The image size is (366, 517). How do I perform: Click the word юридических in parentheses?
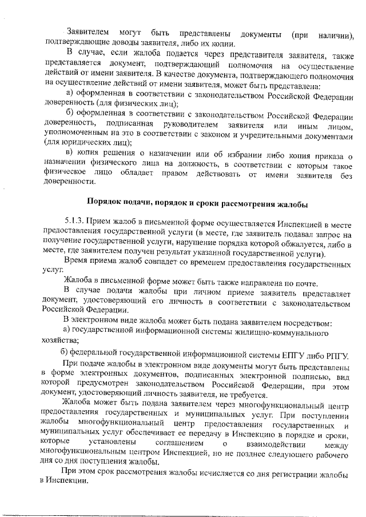click(x=82, y=143)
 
